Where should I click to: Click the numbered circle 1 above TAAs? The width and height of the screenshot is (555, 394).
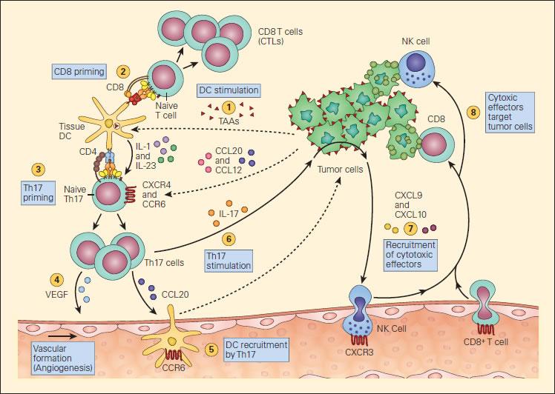[x=229, y=107]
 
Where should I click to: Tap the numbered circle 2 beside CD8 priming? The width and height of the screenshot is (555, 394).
[x=123, y=72]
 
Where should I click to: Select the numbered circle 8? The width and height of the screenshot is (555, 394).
[x=473, y=113]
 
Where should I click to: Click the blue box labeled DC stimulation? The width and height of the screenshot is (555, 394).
[x=229, y=90]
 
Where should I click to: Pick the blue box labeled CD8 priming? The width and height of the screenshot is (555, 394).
[x=79, y=72]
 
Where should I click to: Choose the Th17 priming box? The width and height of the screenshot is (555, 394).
[x=39, y=193]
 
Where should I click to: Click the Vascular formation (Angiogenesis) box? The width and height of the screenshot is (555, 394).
[x=63, y=358]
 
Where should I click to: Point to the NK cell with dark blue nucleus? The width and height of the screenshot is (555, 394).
[x=417, y=68]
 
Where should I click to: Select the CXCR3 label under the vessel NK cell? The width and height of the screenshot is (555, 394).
[x=359, y=352]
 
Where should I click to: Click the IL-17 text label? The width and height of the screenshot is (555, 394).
[x=229, y=213]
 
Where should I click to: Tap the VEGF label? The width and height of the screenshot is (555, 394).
[x=56, y=294]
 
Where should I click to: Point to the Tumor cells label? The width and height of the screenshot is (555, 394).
[x=340, y=170]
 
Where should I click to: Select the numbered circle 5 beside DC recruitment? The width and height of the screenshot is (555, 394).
[x=211, y=350]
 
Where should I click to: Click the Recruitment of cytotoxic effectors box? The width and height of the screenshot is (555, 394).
[x=410, y=255]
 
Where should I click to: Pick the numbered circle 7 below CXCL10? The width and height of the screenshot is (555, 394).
[x=410, y=228]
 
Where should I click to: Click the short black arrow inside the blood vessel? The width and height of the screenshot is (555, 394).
[x=62, y=336]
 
